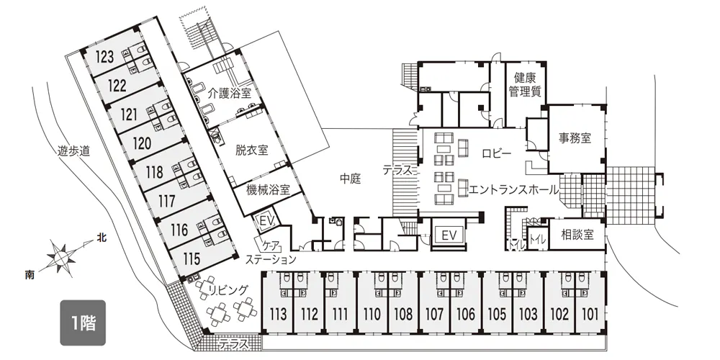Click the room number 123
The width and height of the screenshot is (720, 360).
click(x=104, y=57)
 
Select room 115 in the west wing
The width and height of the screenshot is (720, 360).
click(x=191, y=259)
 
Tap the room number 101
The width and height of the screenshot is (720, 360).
click(x=590, y=315)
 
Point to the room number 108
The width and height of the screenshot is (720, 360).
click(x=403, y=315)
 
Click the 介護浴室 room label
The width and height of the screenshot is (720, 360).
click(x=229, y=93)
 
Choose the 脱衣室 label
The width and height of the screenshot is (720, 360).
click(x=251, y=150)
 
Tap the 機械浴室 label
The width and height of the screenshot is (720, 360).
click(x=268, y=189)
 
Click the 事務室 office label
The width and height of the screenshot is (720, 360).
click(x=575, y=138)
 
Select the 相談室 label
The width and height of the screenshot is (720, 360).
click(x=577, y=235)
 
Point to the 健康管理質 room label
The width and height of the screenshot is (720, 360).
click(x=525, y=84)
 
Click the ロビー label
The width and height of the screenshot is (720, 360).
click(x=496, y=154)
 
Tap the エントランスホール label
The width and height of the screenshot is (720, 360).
click(x=513, y=189)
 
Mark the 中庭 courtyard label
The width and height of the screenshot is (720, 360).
click(x=351, y=179)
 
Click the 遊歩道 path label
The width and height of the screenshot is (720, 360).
click(x=73, y=150)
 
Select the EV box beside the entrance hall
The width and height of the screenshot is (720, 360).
click(x=449, y=235)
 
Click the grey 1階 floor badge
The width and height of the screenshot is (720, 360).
click(x=83, y=323)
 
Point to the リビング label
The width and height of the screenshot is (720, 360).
click(x=228, y=289)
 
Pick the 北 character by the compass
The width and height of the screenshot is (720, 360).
click(x=101, y=237)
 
